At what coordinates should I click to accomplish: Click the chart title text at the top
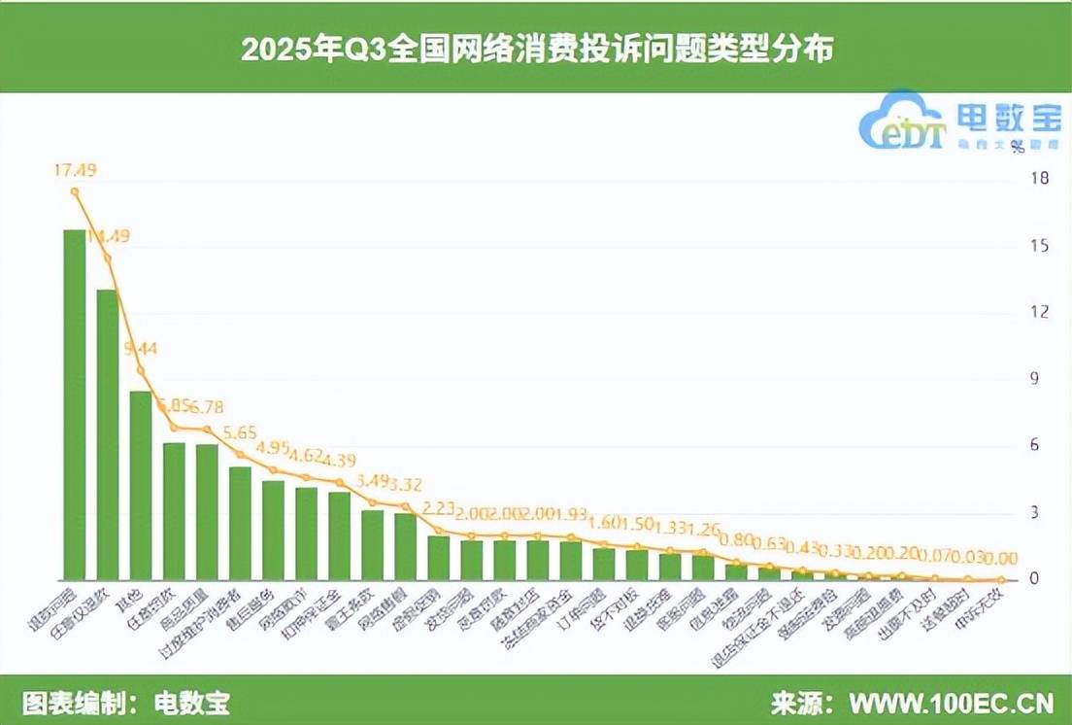coord(536,49)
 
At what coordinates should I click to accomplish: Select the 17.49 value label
coord(75,170)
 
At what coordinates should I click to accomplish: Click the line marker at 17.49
coord(75,191)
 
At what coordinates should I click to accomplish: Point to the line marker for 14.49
coord(108,258)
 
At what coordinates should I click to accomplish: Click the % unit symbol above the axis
coord(1017,148)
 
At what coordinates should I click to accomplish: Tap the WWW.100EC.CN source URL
coord(952,702)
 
